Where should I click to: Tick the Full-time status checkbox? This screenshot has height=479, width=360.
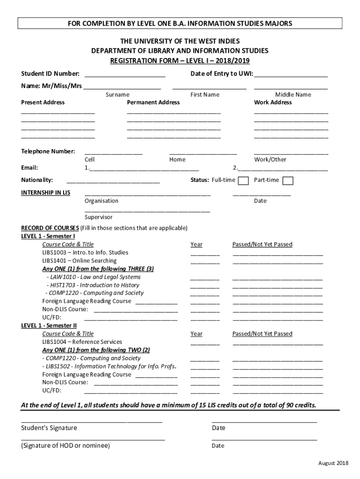pos(243,181)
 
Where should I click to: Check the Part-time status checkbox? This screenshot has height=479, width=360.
pos(288,181)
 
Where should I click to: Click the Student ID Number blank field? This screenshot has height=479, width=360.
pos(125,73)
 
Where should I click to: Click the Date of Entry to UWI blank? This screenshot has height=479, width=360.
pos(291,73)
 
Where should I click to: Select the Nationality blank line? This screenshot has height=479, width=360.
pos(113,180)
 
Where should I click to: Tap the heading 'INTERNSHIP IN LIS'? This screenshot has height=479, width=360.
pos(46,193)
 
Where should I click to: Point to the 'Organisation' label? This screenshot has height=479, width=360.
pos(101,201)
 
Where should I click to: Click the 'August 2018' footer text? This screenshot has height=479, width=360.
pos(333,463)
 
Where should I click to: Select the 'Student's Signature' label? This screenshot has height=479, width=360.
pos(49,428)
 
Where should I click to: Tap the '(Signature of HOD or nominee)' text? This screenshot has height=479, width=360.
pos(65,446)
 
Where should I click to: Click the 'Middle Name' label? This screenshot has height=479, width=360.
pos(293,94)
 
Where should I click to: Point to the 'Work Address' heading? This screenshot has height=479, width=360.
pos(273,102)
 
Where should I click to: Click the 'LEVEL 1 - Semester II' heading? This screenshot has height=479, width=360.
pos(49,326)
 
